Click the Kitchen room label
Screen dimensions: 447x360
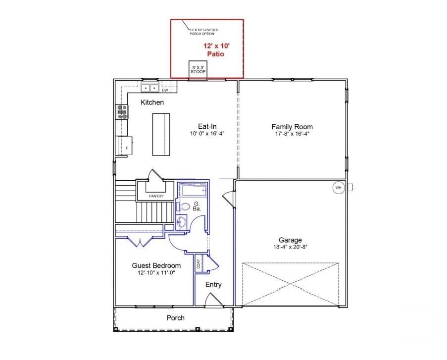tap(152, 103)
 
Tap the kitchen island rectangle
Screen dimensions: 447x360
tap(161, 134)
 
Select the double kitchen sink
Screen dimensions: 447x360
tap(150, 88)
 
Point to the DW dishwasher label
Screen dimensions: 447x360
tap(165, 91)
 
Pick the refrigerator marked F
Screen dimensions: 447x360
tap(125, 146)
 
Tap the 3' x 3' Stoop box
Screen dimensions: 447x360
tap(198, 69)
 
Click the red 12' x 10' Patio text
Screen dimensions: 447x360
tap(216, 50)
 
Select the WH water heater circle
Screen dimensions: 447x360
tap(339, 188)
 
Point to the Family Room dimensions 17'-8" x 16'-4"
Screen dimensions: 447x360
tap(292, 134)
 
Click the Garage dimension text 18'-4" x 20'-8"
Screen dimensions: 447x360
tap(290, 247)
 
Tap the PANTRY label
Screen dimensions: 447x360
tap(156, 196)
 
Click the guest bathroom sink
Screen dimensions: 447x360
tap(181, 221)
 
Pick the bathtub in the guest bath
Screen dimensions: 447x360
tap(194, 190)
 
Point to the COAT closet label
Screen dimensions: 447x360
tap(199, 264)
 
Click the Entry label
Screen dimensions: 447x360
tap(213, 285)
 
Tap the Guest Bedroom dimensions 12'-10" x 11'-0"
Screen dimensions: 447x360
tap(156, 273)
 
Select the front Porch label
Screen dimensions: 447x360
tap(175, 318)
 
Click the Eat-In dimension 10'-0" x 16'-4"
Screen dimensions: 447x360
tap(207, 133)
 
